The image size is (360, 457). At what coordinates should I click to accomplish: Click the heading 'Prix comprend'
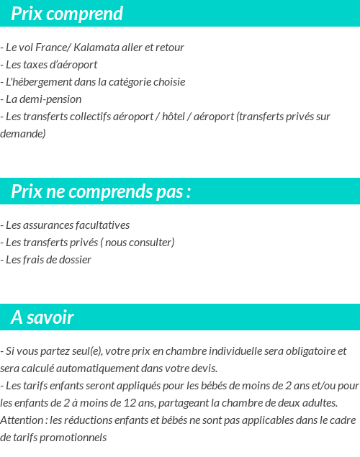coord(67,14)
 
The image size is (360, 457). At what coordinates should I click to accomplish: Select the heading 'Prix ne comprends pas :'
coord(101,191)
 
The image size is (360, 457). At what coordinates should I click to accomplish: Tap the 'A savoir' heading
coord(42,317)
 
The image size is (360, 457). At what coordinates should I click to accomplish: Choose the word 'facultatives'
coord(104,225)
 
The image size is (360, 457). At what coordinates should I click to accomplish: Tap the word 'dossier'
coord(75,260)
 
